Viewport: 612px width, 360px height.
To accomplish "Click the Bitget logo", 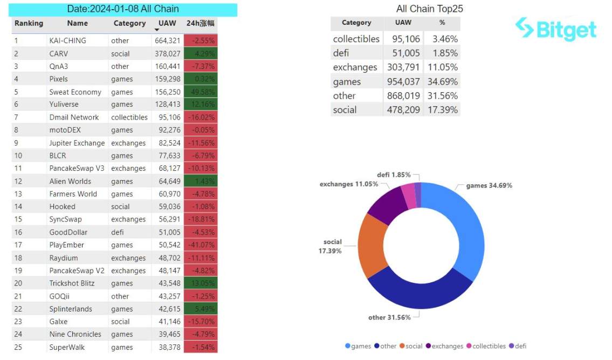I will click(x=555, y=29).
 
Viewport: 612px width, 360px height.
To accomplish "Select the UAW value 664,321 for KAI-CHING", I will click(x=167, y=40).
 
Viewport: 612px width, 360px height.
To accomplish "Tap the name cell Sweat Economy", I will click(x=75, y=92).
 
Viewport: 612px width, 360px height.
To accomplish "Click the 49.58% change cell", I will click(x=201, y=92).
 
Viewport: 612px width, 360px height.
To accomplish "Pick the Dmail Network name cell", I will click(x=74, y=117).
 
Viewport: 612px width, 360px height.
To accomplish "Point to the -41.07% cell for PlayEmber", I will click(x=201, y=245).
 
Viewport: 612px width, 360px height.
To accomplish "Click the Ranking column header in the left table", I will click(x=29, y=24).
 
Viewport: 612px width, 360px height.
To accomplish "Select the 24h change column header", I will click(x=201, y=24).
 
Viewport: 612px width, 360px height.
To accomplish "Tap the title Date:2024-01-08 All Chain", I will click(x=123, y=9).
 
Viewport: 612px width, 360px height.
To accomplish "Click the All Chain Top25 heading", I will click(x=429, y=9).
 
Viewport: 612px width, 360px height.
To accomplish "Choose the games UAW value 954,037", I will click(x=403, y=82).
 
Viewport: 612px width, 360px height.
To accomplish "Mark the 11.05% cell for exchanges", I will click(x=442, y=67).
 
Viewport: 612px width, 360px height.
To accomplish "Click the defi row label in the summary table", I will click(x=341, y=53).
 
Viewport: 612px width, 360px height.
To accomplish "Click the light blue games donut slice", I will click(x=458, y=226).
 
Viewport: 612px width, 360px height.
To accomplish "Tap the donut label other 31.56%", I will click(x=389, y=317).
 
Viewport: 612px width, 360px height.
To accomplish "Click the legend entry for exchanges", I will click(x=444, y=346).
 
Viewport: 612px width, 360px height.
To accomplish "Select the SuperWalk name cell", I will click(x=67, y=347).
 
